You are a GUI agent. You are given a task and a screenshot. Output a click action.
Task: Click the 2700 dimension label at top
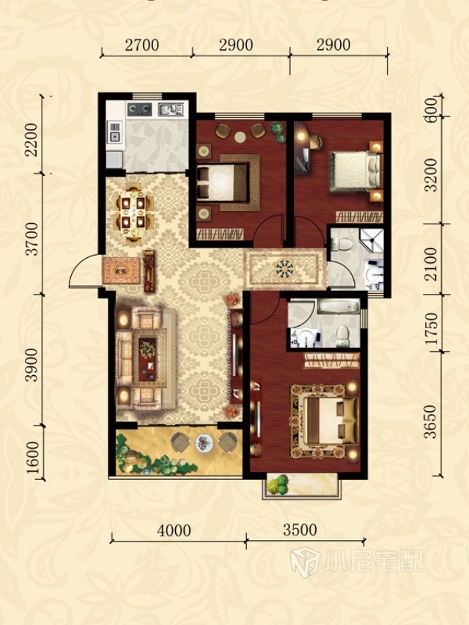tap(142, 45)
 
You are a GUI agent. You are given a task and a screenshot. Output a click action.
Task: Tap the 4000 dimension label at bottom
tap(174, 530)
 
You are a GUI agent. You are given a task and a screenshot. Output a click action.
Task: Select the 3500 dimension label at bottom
tap(300, 530)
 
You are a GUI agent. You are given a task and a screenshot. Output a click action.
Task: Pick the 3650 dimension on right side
tap(431, 422)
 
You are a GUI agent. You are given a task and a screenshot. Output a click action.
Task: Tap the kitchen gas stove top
tap(139, 109)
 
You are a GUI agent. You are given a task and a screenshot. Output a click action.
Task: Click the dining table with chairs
tap(134, 212)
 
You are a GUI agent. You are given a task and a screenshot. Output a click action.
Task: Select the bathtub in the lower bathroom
tap(339, 307)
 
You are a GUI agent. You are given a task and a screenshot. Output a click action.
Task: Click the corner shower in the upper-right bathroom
tap(372, 240)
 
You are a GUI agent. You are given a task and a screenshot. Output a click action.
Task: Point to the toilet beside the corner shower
tap(341, 243)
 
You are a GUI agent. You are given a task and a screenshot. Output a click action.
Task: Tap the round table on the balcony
tap(204, 443)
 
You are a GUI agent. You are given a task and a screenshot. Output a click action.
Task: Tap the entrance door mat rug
tap(121, 270)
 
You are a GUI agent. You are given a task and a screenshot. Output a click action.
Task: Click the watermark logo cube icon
tap(304, 562)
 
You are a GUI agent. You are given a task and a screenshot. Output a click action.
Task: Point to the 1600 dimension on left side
tap(33, 458)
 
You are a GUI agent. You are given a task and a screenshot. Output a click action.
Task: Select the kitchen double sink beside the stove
tap(171, 109)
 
